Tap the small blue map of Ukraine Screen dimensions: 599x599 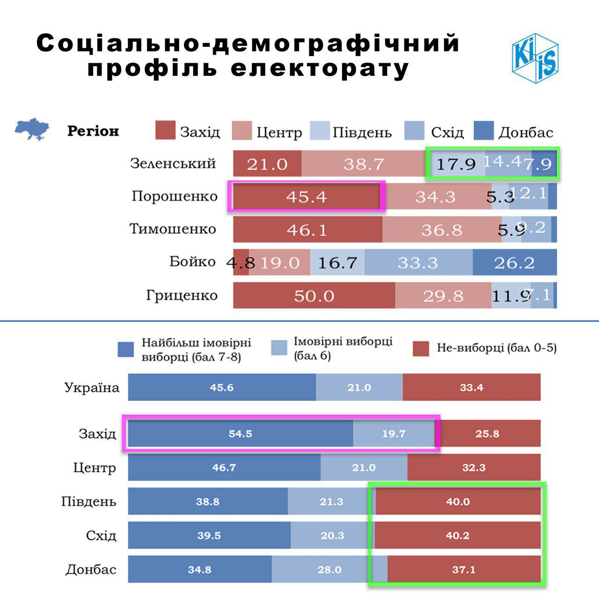pos(32,129)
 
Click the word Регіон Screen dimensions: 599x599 pos(93,131)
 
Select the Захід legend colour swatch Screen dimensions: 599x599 pos(165,131)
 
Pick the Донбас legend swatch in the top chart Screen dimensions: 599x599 pos(483,131)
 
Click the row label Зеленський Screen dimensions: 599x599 pos(173,164)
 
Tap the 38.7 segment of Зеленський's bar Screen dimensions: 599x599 pos(364,164)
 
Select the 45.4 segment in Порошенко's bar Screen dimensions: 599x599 pos(307,197)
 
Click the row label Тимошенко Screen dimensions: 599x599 pos(173,229)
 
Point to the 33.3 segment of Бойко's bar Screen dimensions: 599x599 pos(418,263)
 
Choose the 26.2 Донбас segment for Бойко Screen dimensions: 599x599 pos(514,263)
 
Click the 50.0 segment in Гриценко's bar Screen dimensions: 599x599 pos(314,296)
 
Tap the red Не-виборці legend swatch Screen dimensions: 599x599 pos(421,349)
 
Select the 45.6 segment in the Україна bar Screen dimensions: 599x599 pos(222,387)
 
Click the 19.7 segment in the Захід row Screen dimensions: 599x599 pos(394,434)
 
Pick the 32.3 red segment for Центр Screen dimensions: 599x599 pos(474,468)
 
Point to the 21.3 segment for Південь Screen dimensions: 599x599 pos(331,502)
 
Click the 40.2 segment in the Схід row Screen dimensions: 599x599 pos(457,535)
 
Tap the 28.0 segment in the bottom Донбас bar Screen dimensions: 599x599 pos(329,570)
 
